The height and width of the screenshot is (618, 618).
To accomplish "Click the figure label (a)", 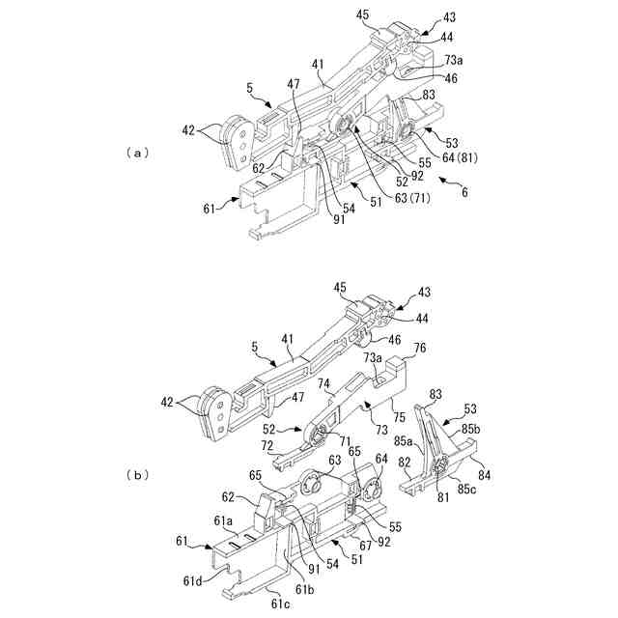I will click(x=138, y=152).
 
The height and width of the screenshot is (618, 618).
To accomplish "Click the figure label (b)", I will click(x=138, y=474).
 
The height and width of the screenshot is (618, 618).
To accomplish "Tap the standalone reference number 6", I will click(x=464, y=192).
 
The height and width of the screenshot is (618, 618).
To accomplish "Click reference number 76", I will click(x=419, y=348).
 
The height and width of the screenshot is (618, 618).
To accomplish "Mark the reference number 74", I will click(x=325, y=383).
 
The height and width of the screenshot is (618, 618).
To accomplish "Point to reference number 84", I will click(x=484, y=473).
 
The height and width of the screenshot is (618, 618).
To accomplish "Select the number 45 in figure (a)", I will click(x=361, y=14).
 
